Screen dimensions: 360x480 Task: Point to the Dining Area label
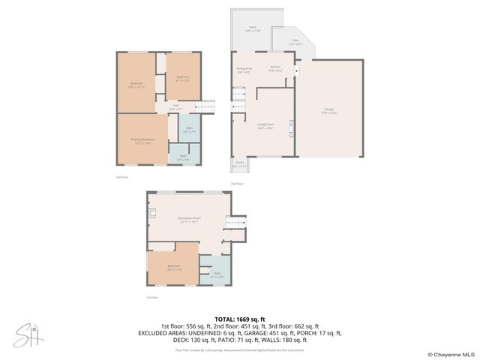point(244,70)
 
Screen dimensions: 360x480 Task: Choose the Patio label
point(295,43)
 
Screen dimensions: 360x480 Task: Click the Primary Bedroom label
point(143,140)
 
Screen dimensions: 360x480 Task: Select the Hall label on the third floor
point(175,106)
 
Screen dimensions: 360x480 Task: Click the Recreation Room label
point(188,220)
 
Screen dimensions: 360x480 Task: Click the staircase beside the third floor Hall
point(206,106)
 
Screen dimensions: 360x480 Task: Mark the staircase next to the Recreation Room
point(237,223)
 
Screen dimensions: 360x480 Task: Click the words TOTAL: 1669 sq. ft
point(239,319)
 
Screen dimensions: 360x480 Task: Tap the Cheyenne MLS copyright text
point(451,355)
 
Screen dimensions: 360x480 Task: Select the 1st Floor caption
point(152,297)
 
